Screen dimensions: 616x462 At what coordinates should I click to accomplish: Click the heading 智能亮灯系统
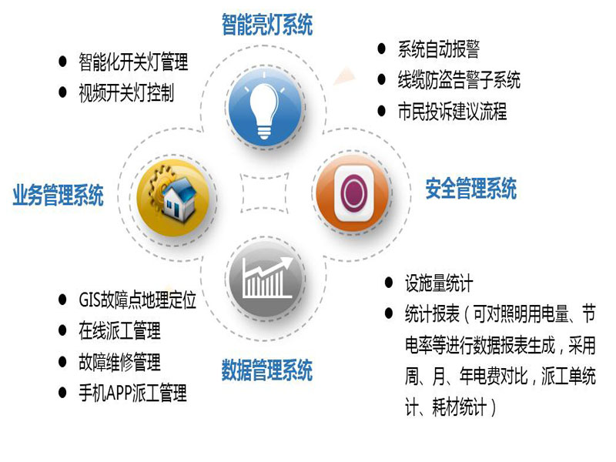[x=267, y=25]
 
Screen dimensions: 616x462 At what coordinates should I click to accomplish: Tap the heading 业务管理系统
[x=59, y=195]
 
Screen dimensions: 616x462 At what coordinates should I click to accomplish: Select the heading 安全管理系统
[x=471, y=188]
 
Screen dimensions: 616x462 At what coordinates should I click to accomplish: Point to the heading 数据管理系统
[x=267, y=370]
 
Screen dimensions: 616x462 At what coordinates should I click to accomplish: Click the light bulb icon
[x=266, y=108]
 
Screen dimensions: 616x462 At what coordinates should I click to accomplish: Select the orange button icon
[x=353, y=192]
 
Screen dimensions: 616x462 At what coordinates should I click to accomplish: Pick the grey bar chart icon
[x=266, y=280]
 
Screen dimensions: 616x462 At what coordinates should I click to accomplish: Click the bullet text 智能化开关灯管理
[x=133, y=62]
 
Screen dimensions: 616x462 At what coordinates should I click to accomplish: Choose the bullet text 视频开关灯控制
[x=126, y=92]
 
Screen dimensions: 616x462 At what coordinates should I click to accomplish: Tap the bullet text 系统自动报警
[x=438, y=49]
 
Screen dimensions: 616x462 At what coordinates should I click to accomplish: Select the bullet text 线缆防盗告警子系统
[x=459, y=80]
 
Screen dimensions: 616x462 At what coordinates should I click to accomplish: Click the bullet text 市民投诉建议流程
[x=452, y=111]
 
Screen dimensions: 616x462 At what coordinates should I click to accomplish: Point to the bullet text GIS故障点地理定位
[x=138, y=300]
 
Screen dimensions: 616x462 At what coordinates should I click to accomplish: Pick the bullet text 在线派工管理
[x=120, y=330]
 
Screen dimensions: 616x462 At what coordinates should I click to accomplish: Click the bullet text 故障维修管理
[x=120, y=361]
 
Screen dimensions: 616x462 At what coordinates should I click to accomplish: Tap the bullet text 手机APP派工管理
[x=132, y=393]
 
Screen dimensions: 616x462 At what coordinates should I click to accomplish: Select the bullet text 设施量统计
[x=439, y=283]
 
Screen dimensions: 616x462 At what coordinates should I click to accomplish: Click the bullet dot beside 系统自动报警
[x=381, y=49]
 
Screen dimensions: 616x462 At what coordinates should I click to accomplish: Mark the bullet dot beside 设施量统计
[x=389, y=283]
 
